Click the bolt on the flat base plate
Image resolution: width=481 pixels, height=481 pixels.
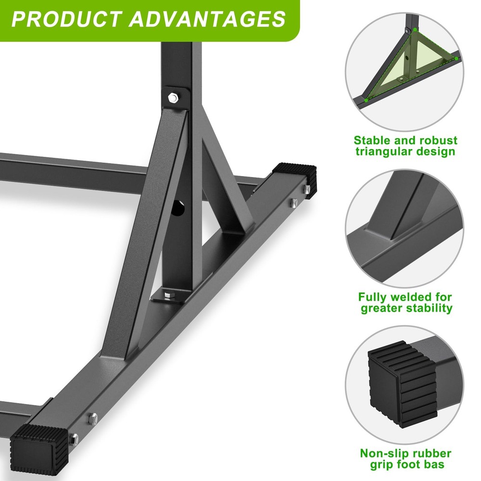click(x=167, y=294)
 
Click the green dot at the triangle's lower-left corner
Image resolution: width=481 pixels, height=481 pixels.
click(x=366, y=100)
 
